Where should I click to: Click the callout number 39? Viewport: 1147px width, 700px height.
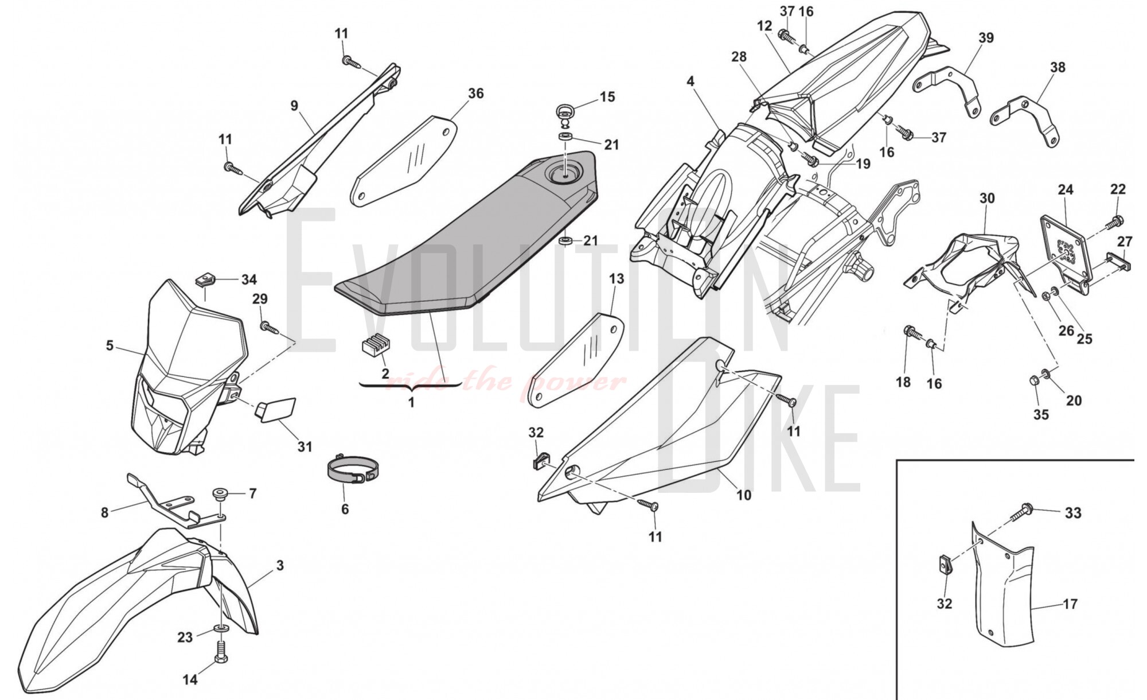[986, 38]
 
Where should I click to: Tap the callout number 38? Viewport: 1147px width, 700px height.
[1058, 67]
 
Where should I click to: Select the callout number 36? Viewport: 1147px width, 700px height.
[475, 94]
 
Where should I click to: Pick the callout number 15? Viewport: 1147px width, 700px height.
[607, 97]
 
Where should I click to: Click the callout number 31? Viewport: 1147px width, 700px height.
[305, 446]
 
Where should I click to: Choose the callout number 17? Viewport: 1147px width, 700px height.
[1070, 604]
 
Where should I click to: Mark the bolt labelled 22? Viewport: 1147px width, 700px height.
[1116, 219]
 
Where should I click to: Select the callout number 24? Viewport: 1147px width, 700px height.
[1066, 189]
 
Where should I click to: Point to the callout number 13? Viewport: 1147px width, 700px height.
[616, 279]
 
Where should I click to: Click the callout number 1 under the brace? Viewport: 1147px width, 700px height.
[411, 403]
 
